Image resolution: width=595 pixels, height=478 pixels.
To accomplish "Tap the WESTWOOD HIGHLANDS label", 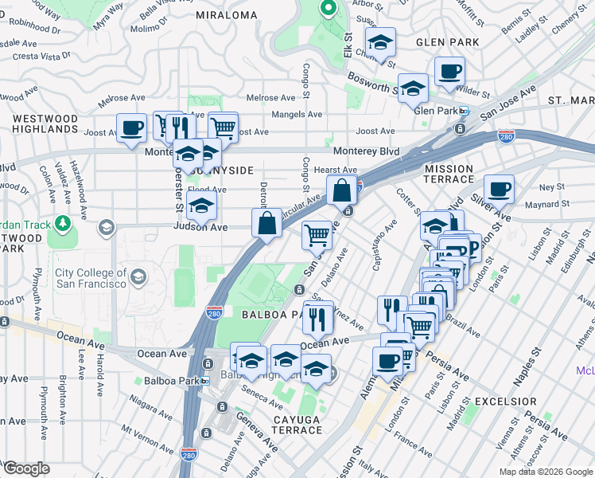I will tap(45, 123).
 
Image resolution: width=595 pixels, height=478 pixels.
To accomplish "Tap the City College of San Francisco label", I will tap(91, 279).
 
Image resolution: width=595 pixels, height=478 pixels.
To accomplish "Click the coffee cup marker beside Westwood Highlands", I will tap(132, 127).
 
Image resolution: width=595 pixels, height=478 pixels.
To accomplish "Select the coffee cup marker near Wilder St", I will tap(449, 71).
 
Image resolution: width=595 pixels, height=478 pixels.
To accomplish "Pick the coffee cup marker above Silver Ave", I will tap(499, 189).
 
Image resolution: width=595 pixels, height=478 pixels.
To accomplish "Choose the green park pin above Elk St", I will tap(328, 9).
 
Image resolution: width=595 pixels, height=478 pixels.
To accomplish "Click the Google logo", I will tap(26, 468).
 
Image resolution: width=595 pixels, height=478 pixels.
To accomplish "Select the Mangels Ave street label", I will tap(298, 115).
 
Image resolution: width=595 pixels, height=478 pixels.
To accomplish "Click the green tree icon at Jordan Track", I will tap(61, 224).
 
